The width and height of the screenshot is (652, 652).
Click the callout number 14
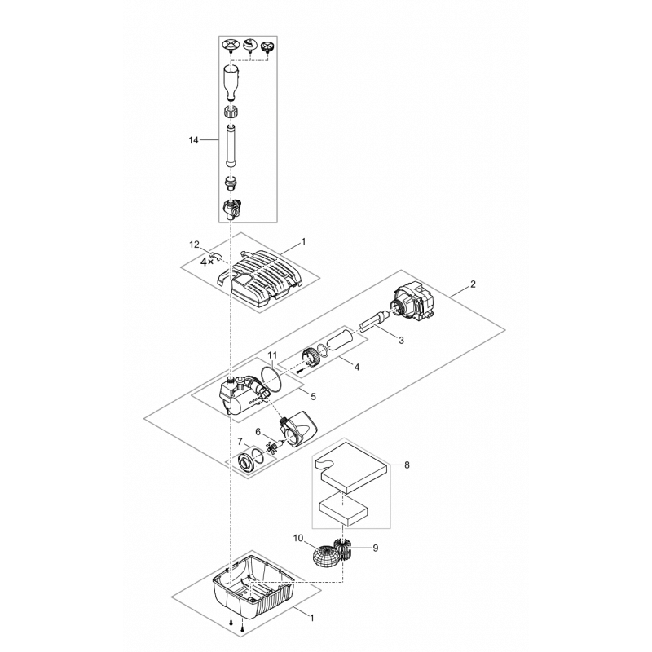click(x=193, y=140)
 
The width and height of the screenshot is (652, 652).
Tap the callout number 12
click(x=195, y=244)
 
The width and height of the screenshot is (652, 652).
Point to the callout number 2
click(x=473, y=284)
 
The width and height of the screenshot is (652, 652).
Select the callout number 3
click(x=401, y=341)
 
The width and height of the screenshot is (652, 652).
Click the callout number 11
click(x=272, y=355)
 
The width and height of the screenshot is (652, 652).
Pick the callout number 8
click(x=407, y=465)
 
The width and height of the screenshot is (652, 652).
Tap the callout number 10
click(x=298, y=539)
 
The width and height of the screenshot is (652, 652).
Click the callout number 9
click(x=376, y=548)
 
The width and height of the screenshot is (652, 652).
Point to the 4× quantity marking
click(x=207, y=261)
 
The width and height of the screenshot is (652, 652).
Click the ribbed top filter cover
click(x=258, y=280)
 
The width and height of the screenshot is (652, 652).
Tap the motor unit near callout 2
click(x=412, y=302)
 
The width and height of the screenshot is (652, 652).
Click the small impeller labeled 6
click(x=273, y=447)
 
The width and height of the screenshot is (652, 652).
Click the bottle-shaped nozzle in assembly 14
click(x=232, y=82)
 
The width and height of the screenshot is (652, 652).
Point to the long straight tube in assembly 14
click(x=231, y=145)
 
